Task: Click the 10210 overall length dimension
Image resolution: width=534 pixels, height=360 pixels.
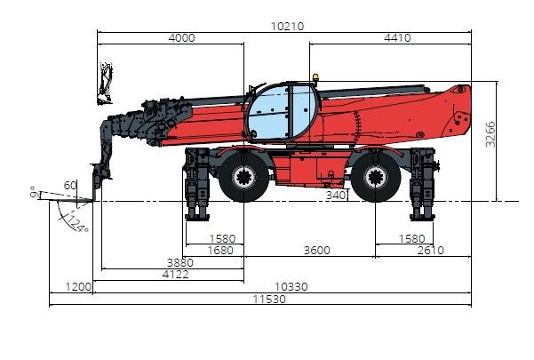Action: point(287,27)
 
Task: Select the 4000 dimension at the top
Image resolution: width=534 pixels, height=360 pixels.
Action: point(181,37)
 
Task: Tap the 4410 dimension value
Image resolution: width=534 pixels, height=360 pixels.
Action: point(397,37)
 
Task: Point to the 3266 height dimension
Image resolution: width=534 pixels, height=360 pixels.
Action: point(490,134)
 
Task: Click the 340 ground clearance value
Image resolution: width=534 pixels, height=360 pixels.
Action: point(336,196)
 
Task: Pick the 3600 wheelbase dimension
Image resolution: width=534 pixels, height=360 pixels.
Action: point(316,251)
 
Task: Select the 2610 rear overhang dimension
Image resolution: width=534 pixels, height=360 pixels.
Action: point(430,251)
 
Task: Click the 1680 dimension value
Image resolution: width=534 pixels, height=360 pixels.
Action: point(220,251)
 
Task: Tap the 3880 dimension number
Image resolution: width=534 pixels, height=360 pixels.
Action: point(179,262)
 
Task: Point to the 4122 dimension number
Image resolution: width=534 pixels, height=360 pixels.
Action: point(175,274)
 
